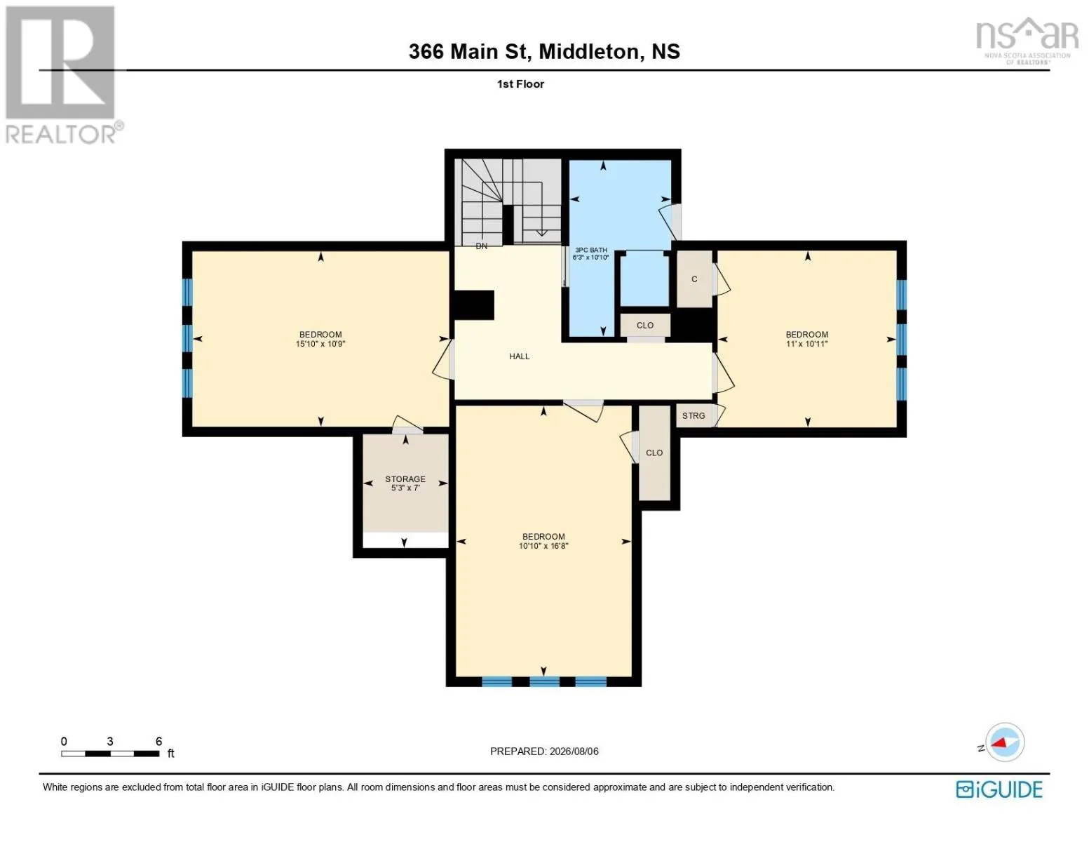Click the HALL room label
pyautogui.click(x=519, y=356)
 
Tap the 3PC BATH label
pyautogui.click(x=591, y=250)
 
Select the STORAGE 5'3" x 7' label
pyautogui.click(x=405, y=483)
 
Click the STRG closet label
pyautogui.click(x=694, y=415)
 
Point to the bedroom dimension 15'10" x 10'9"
pyautogui.click(x=320, y=344)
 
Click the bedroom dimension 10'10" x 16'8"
pyautogui.click(x=543, y=546)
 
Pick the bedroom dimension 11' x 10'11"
pyautogui.click(x=807, y=344)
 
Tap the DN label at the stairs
pyautogui.click(x=481, y=246)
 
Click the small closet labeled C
pyautogui.click(x=694, y=279)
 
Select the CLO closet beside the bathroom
pyautogui.click(x=645, y=325)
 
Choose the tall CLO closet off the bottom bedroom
pyautogui.click(x=654, y=453)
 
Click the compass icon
pyautogui.click(x=1004, y=742)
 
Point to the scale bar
pyautogui.click(x=110, y=753)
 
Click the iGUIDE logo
pyautogui.click(x=999, y=789)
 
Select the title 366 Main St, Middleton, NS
pyautogui.click(x=544, y=51)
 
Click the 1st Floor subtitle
pyautogui.click(x=520, y=83)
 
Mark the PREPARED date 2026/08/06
pyautogui.click(x=574, y=751)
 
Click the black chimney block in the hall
pyautogui.click(x=473, y=305)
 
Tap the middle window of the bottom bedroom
pyautogui.click(x=544, y=681)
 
